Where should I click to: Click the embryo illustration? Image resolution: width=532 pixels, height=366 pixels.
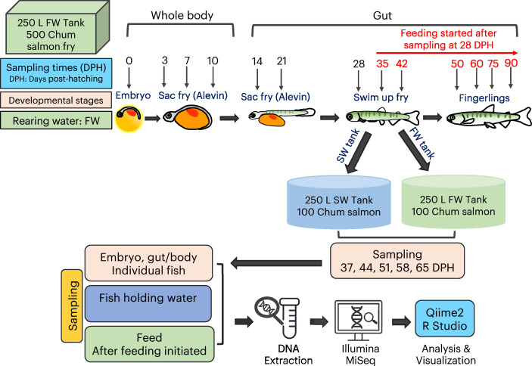click(129, 118)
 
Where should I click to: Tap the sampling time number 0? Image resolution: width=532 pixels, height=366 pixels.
click(129, 60)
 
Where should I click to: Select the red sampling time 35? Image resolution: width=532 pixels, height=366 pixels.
click(382, 64)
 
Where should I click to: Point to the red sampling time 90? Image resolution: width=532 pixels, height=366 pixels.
click(511, 63)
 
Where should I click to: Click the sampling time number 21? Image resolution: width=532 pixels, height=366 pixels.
click(282, 61)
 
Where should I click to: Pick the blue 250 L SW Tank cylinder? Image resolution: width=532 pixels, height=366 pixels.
click(338, 202)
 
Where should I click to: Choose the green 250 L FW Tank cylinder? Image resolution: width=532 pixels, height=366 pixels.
click(453, 201)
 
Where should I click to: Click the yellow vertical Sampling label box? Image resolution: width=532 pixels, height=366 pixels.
click(72, 306)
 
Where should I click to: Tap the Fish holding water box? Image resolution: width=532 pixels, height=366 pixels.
click(148, 303)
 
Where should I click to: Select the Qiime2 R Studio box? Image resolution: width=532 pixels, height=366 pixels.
click(444, 318)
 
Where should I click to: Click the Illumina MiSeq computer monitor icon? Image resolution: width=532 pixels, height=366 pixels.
click(358, 321)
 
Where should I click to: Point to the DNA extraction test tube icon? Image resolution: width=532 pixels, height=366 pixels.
click(289, 318)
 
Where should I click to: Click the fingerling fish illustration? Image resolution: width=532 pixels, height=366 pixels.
click(489, 117)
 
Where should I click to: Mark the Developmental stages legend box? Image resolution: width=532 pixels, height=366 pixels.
click(56, 100)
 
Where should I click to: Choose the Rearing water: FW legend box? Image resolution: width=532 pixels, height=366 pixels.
click(56, 121)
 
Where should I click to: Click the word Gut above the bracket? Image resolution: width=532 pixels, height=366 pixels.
click(382, 16)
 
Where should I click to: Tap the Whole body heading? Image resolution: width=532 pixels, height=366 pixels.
click(182, 15)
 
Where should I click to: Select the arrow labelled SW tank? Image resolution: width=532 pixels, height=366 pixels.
click(358, 153)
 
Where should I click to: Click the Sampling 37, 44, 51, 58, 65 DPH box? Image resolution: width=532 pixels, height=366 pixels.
click(397, 261)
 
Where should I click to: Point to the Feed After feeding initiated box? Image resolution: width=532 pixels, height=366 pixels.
click(149, 344)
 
